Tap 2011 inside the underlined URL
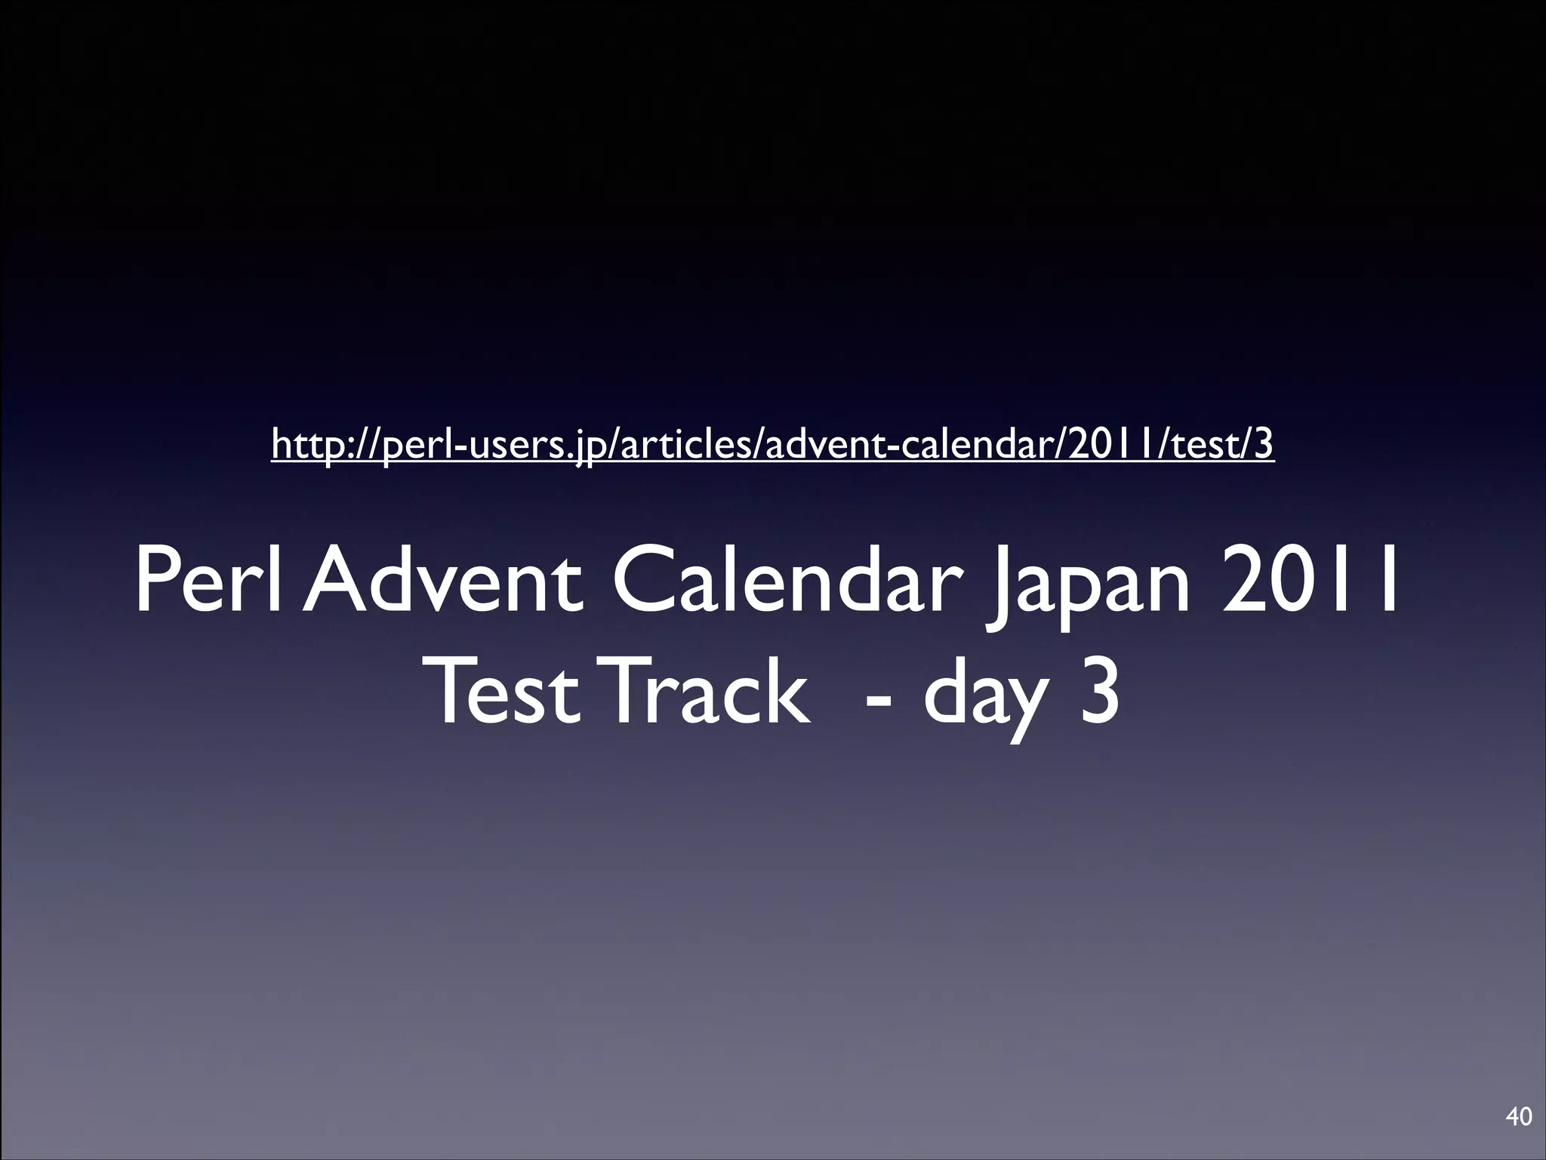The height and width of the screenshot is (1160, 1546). [1107, 444]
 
